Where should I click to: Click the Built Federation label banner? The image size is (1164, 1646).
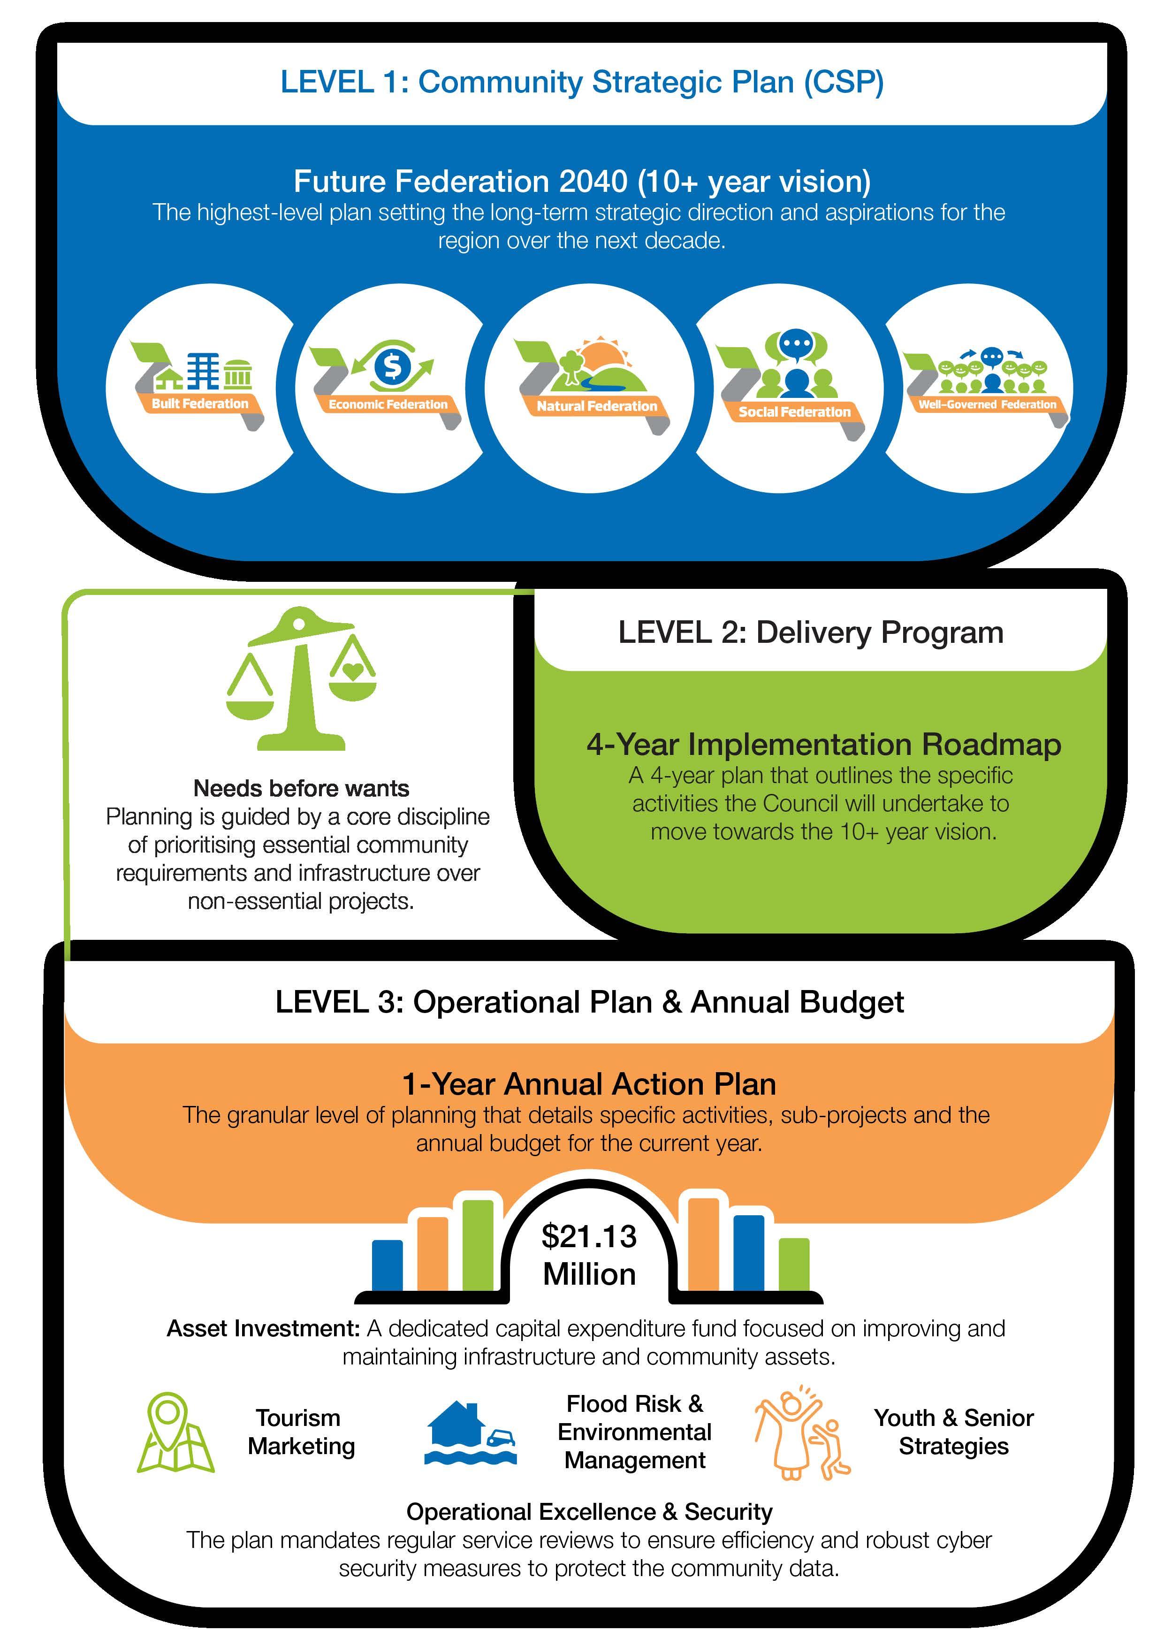coord(200,404)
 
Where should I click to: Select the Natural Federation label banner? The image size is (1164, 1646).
coord(596,406)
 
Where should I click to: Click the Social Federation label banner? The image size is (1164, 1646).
coord(794,411)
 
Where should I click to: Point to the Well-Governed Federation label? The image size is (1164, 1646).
coord(987,404)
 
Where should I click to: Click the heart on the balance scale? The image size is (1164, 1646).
coord(352,672)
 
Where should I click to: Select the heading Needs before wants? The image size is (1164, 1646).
coord(301,789)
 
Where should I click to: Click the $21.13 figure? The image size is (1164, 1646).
coord(589,1237)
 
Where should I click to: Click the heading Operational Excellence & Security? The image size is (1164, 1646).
coord(589,1511)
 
